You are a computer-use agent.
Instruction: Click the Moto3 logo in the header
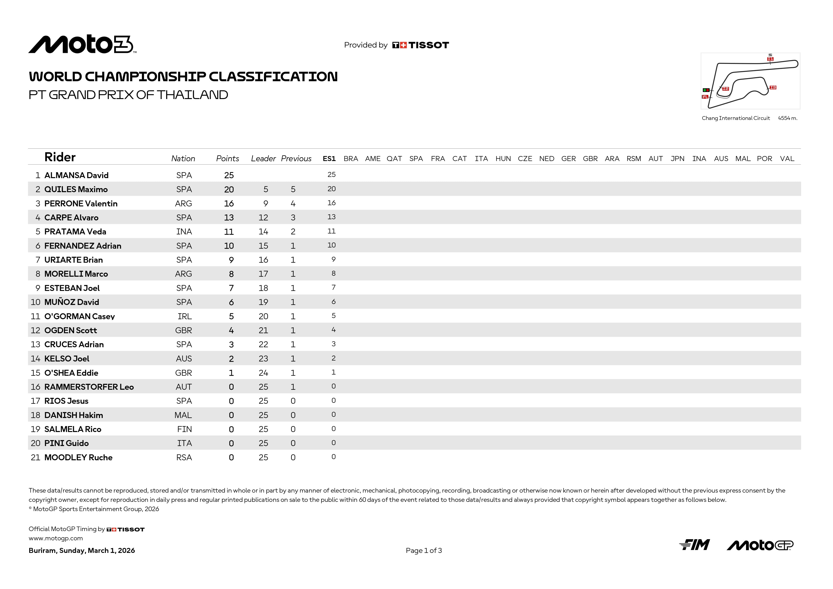82,44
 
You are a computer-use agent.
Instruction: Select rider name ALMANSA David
76,175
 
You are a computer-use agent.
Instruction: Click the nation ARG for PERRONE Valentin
183,204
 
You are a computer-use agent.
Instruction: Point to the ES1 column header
329,159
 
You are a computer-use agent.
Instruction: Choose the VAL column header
787,159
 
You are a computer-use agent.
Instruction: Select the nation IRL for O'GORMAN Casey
184,316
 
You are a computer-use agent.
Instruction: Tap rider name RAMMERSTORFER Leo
89,387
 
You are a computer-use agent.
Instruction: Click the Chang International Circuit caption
735,118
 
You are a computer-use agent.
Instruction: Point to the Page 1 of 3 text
424,551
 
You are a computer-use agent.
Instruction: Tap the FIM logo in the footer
694,545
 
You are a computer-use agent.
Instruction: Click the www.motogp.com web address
56,538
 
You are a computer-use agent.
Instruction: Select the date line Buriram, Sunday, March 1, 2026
82,551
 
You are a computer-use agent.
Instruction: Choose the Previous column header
296,159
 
